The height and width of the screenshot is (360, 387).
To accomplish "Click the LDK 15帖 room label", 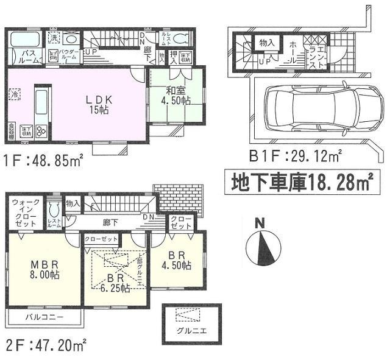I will (x=94, y=104).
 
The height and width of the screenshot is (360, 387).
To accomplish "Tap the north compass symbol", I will (x=260, y=244).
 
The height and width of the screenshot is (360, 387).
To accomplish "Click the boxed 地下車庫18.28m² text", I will (x=301, y=182).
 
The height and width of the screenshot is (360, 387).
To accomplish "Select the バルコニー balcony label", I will (x=44, y=317).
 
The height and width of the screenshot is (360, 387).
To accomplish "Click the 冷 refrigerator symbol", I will (x=14, y=94).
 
